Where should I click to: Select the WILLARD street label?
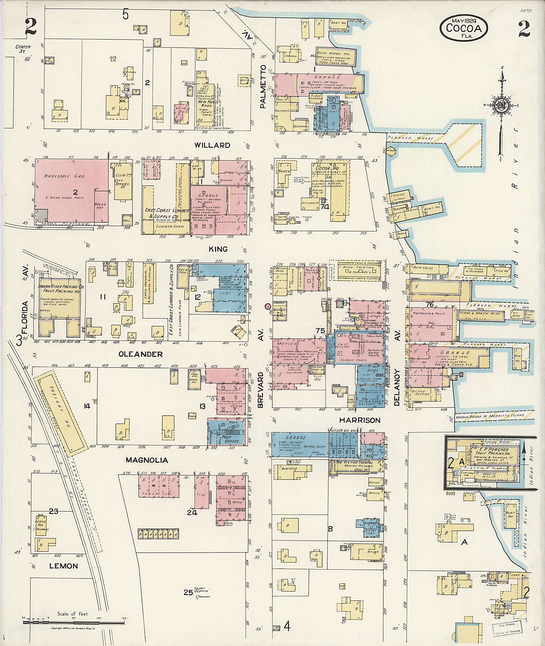coord(212,145)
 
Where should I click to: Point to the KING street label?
coord(218,249)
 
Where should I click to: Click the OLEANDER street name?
coord(141,354)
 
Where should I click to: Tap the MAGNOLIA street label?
coord(147,460)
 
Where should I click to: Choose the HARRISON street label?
coord(360,420)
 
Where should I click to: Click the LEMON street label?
coord(64,566)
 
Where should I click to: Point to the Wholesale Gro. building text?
coord(65,176)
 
